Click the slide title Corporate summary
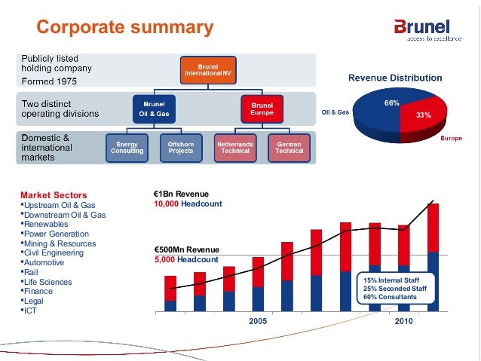tap(125, 28)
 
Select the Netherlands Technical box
tap(234, 147)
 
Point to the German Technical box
tap(290, 147)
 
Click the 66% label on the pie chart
tap(391, 102)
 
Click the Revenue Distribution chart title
tap(394, 77)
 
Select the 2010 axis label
tap(403, 320)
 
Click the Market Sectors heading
tap(54, 195)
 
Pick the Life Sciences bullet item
tap(49, 280)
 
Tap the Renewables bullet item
tap(47, 224)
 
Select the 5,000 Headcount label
tap(185, 259)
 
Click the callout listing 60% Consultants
tap(389, 289)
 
